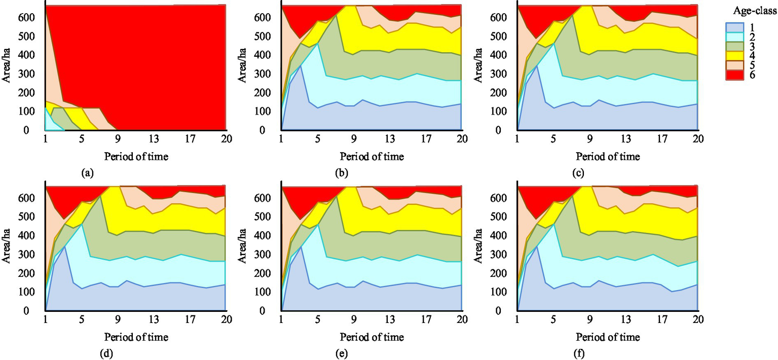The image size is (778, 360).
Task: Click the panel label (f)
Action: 578,353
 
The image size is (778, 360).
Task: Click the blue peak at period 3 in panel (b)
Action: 301,66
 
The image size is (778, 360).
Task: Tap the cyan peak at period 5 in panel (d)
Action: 82,224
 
